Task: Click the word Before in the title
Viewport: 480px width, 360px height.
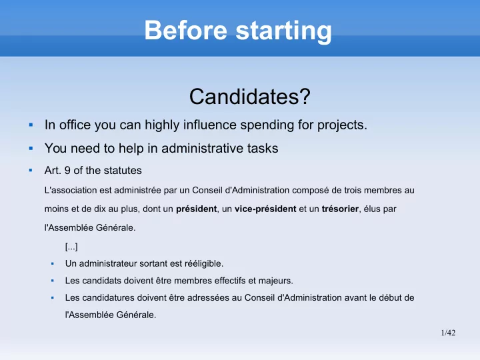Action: coord(185,30)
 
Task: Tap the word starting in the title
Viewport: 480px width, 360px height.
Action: coord(284,31)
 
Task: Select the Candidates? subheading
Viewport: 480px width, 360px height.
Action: coord(250,97)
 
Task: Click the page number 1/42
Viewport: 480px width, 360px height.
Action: coord(448,333)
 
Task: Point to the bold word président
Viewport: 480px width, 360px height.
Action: coord(196,209)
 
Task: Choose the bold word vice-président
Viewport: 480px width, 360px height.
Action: coord(265,209)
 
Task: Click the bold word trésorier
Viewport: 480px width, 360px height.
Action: coord(340,209)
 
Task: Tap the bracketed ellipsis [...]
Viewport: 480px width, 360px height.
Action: coord(71,247)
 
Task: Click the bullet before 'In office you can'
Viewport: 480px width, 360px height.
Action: coord(31,125)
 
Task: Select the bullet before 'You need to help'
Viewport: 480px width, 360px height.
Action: coord(31,148)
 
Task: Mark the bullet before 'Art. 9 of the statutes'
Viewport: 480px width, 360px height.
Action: coord(31,170)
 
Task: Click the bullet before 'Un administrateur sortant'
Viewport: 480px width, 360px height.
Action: coord(53,263)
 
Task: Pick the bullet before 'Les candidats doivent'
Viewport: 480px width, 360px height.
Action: coord(53,281)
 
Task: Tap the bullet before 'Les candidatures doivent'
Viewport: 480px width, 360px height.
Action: coord(53,297)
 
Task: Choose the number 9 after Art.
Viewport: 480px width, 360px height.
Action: coord(67,171)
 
